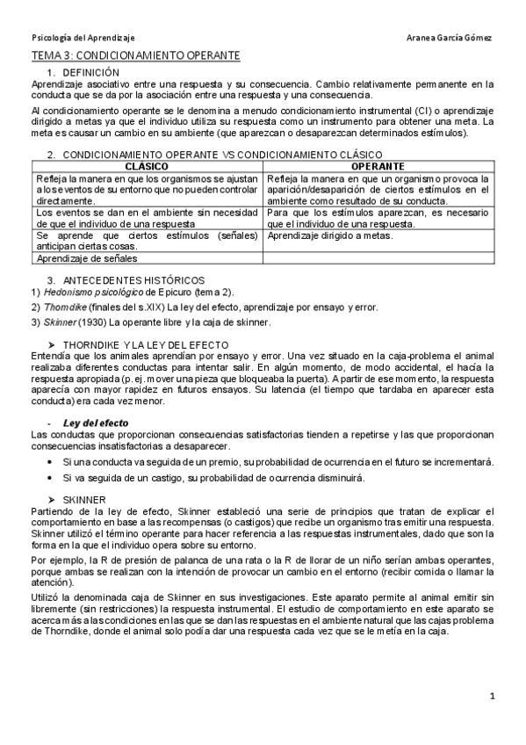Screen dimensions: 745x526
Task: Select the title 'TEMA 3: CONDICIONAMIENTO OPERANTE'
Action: pos(135,55)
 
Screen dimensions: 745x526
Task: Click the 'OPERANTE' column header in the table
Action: pos(378,165)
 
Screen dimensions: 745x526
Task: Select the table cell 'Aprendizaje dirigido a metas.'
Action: pos(329,235)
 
